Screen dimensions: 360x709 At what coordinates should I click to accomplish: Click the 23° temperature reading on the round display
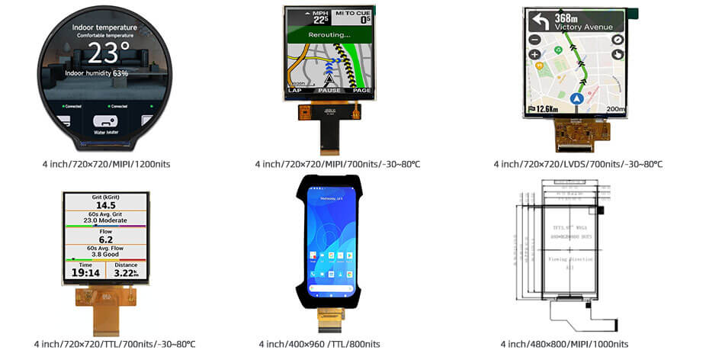(106, 53)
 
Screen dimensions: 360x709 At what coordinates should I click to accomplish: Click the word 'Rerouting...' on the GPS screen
(329, 35)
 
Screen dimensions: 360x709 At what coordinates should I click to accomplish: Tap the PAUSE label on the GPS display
(329, 90)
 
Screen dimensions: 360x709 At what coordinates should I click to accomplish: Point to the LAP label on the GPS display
(295, 90)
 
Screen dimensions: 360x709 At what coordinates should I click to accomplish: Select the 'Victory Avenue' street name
(584, 27)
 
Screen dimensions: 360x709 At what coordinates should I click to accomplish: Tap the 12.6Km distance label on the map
(546, 109)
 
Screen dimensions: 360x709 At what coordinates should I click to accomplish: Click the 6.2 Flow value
(106, 239)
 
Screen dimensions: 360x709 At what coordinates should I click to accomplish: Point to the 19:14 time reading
(85, 272)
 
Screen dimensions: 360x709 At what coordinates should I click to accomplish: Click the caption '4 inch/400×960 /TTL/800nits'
(329, 344)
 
